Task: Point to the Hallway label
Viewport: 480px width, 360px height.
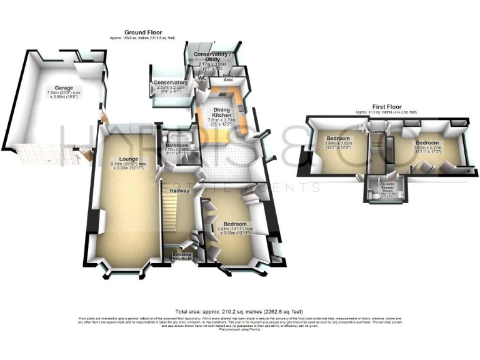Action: tap(179, 191)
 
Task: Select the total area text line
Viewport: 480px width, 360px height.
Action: tap(239, 311)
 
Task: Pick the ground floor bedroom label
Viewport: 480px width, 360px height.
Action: tap(232, 224)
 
